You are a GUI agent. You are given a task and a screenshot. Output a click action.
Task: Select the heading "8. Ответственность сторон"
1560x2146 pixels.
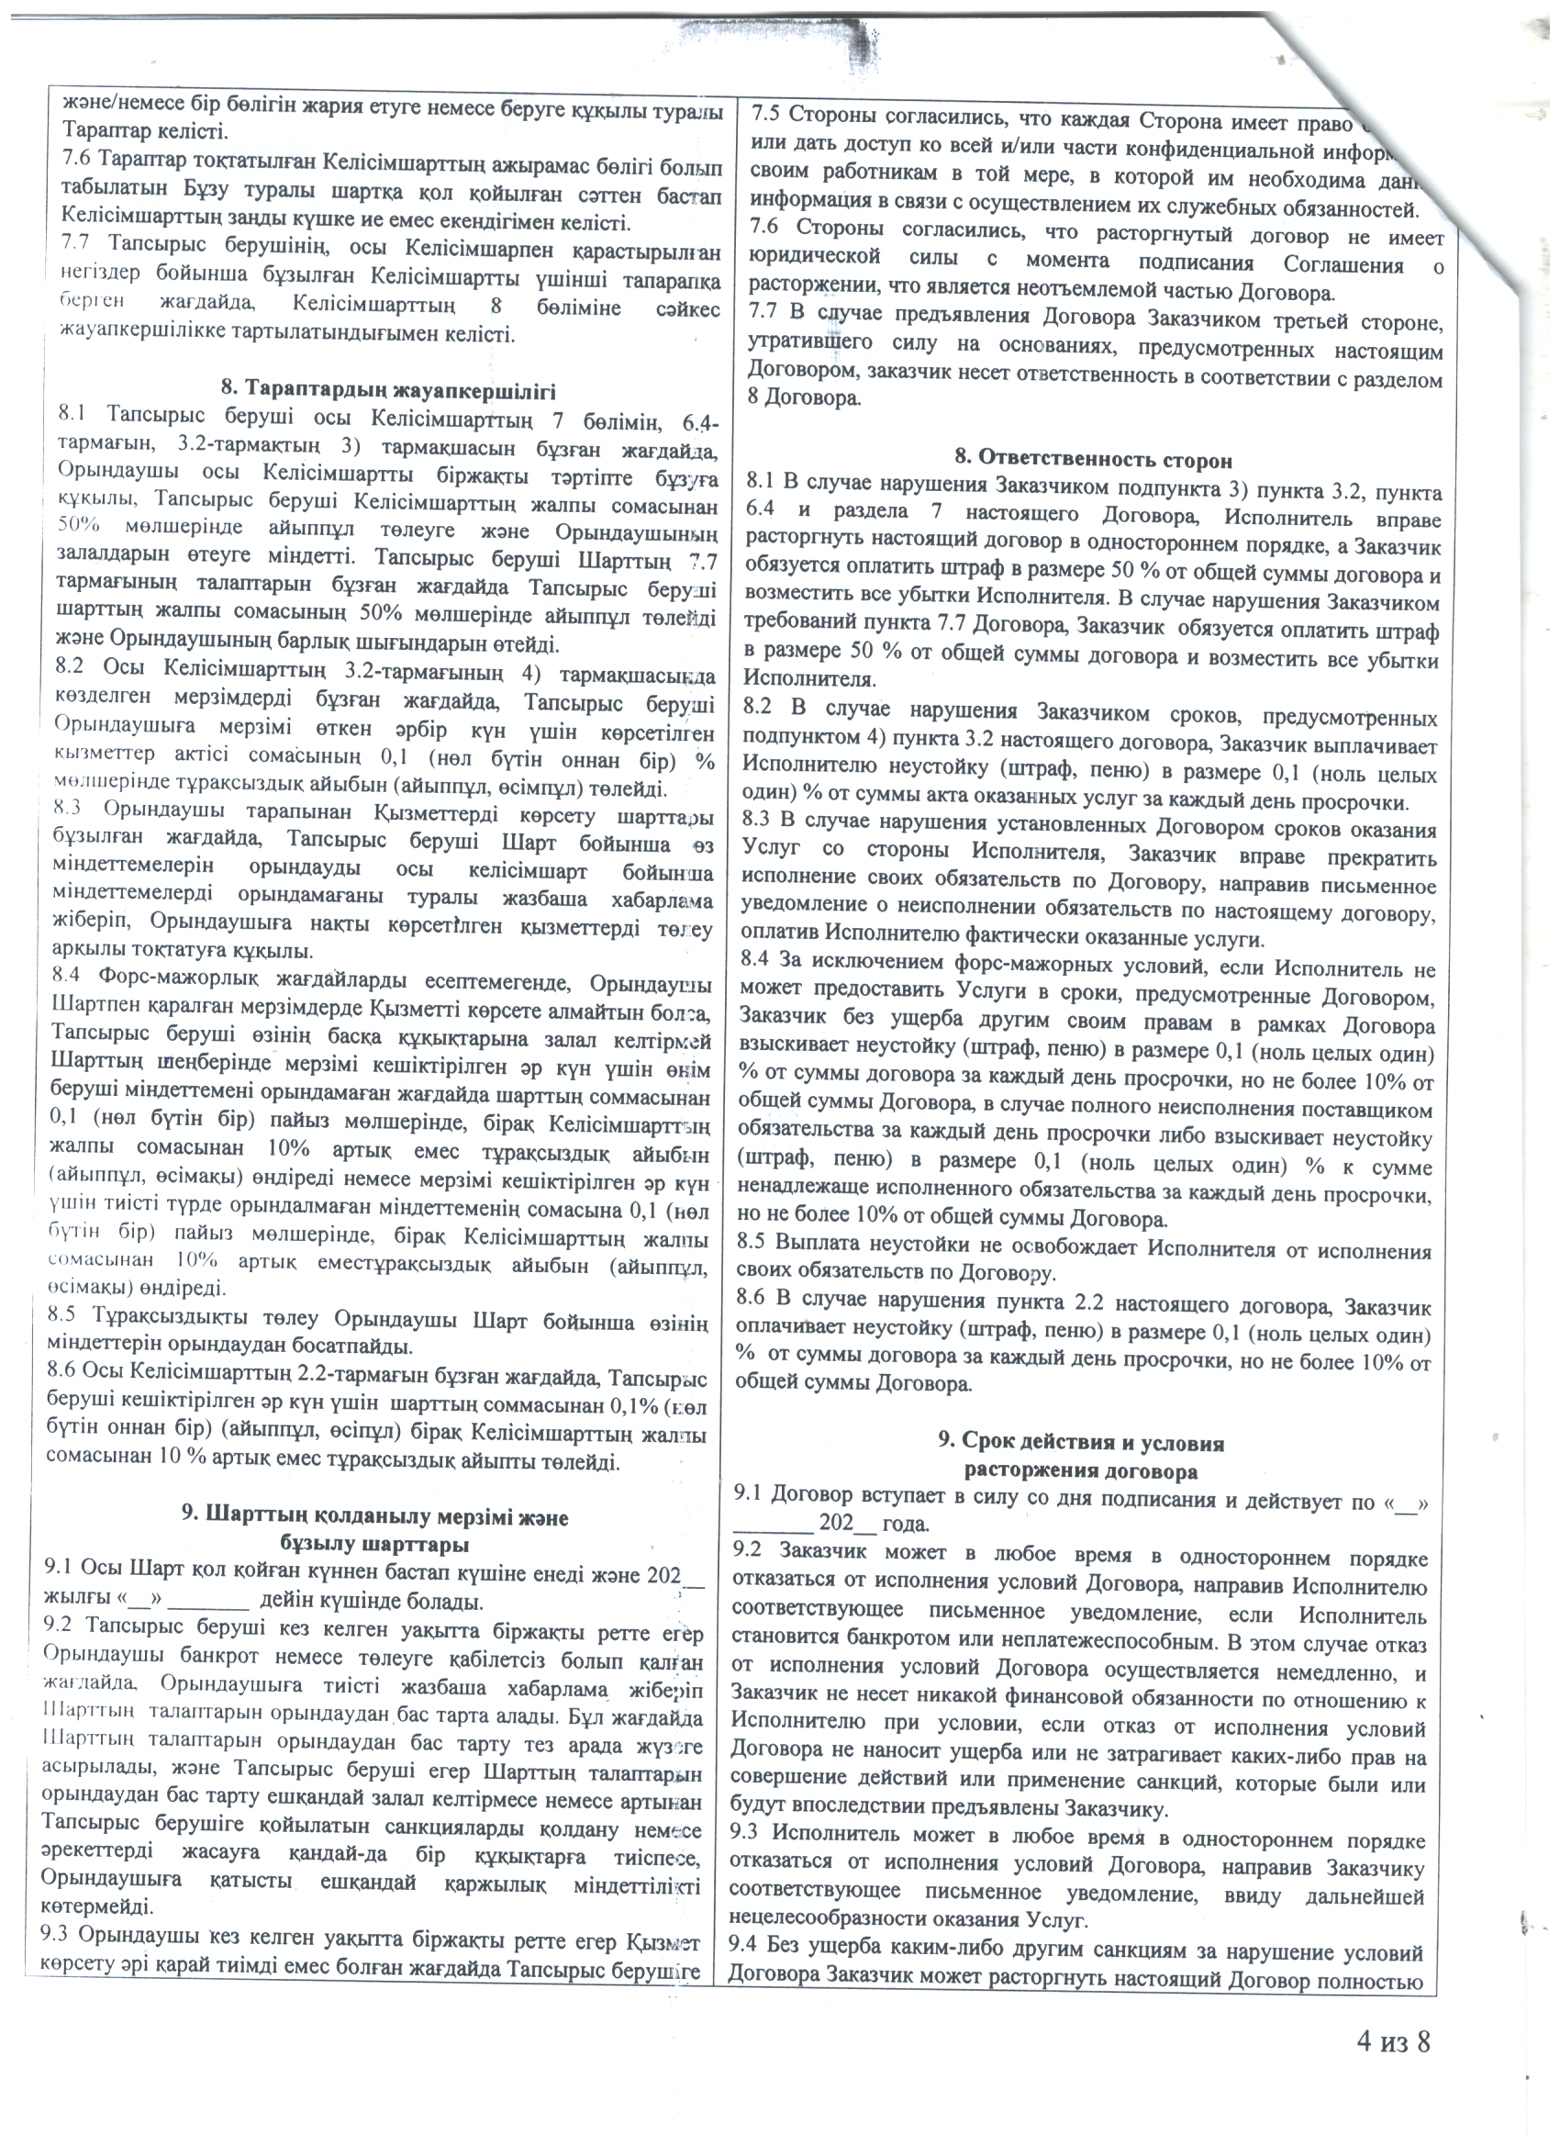[1093, 460]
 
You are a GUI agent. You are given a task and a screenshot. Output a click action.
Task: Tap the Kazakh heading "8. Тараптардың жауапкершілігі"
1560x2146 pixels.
[388, 390]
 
